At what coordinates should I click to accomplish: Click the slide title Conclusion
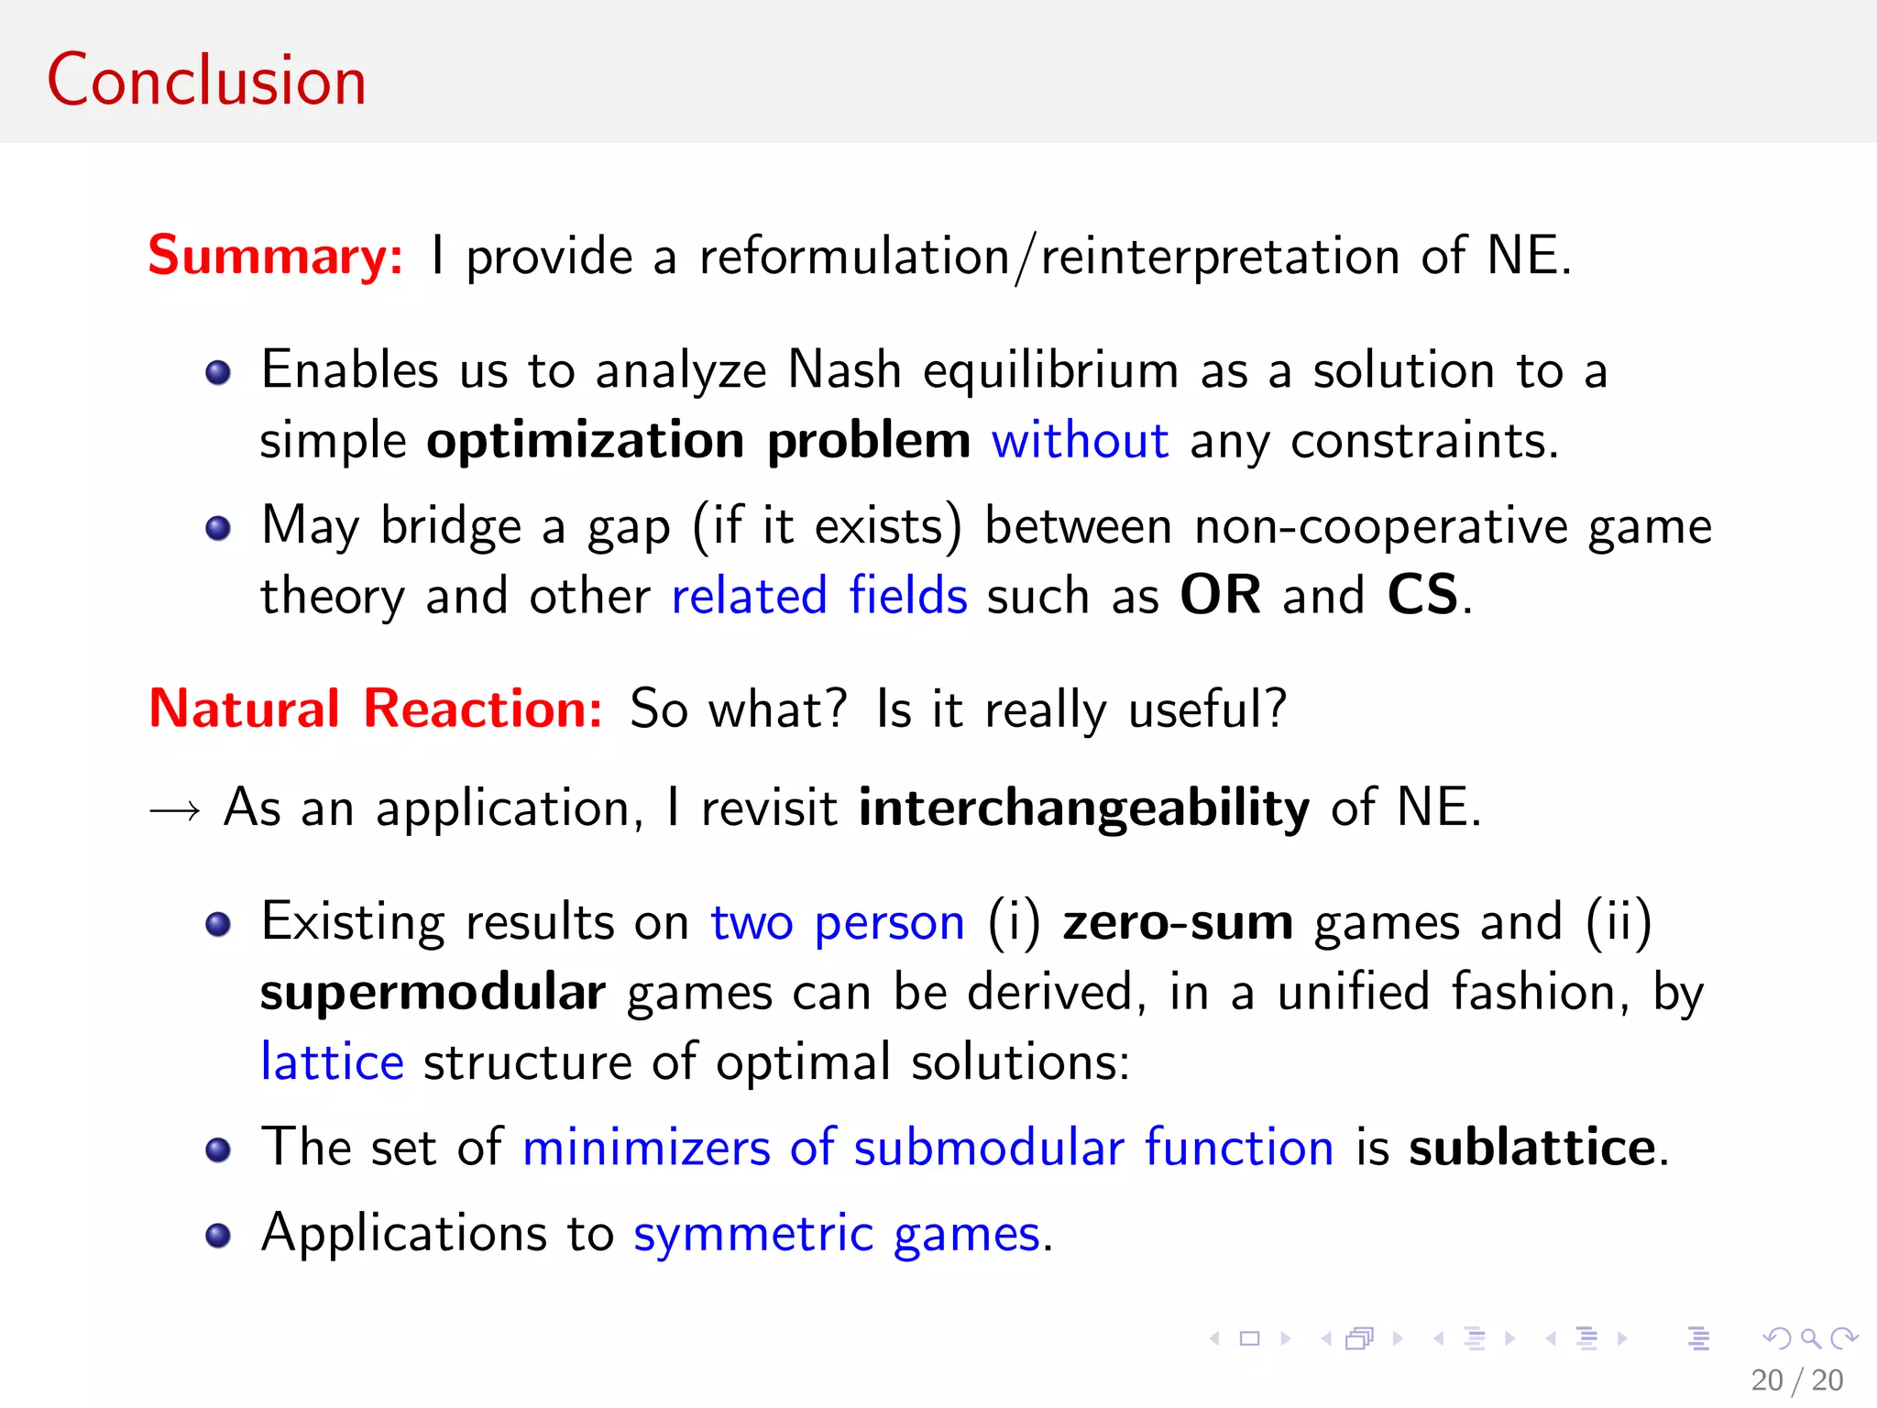[x=206, y=81]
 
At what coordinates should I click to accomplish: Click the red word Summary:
[x=275, y=255]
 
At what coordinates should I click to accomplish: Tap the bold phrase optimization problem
[x=698, y=441]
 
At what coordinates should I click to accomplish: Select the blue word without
[x=1080, y=441]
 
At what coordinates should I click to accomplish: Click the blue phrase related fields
[x=819, y=596]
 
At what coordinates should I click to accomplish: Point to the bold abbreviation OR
[x=1220, y=595]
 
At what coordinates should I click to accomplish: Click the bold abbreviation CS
[x=1421, y=595]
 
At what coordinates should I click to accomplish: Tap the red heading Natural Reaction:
[x=376, y=709]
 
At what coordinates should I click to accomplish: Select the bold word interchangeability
[x=1083, y=808]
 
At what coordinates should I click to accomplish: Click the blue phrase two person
[x=838, y=922]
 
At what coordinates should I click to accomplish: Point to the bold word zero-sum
[x=1178, y=922]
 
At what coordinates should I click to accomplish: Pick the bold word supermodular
[x=433, y=993]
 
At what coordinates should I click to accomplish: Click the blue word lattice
[x=332, y=1062]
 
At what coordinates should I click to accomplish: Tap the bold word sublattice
[x=1533, y=1148]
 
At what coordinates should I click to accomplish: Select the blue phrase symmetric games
[x=838, y=1234]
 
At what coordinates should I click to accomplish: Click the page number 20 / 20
[x=1796, y=1380]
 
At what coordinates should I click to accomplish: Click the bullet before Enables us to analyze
[x=218, y=373]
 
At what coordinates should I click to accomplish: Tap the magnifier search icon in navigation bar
[x=1810, y=1338]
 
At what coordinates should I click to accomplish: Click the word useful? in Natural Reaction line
[x=1207, y=709]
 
